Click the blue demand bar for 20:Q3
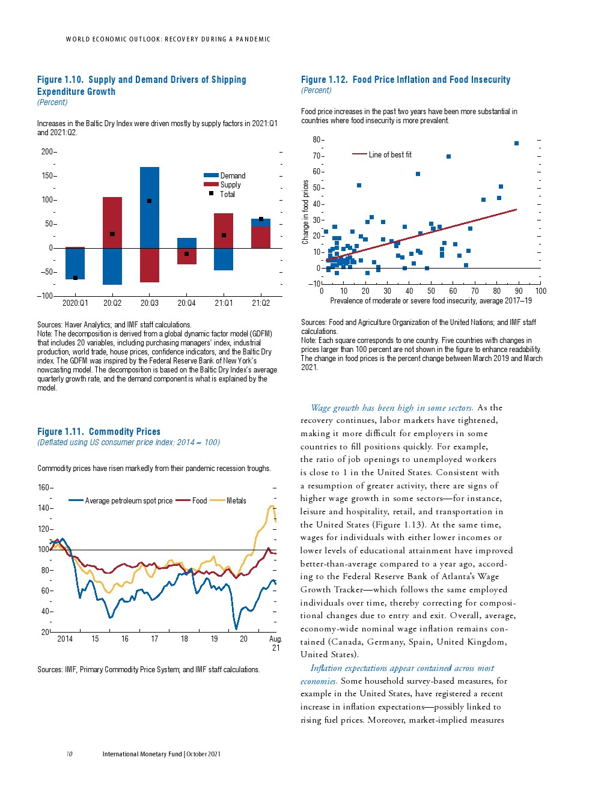[150, 207]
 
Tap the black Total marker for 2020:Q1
[75, 278]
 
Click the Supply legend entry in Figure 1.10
[230, 185]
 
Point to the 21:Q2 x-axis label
[261, 303]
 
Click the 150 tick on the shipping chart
[47, 176]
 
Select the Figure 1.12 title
[406, 80]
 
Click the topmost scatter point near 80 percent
[516, 143]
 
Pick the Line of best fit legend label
[390, 155]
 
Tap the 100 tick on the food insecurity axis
[541, 291]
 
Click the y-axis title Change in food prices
[305, 212]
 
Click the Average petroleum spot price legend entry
[129, 501]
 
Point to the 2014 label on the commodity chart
[65, 639]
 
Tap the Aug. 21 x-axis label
[275, 643]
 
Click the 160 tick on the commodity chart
[44, 488]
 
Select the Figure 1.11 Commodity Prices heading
[99, 432]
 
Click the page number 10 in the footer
[70, 754]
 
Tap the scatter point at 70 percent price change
[448, 157]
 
